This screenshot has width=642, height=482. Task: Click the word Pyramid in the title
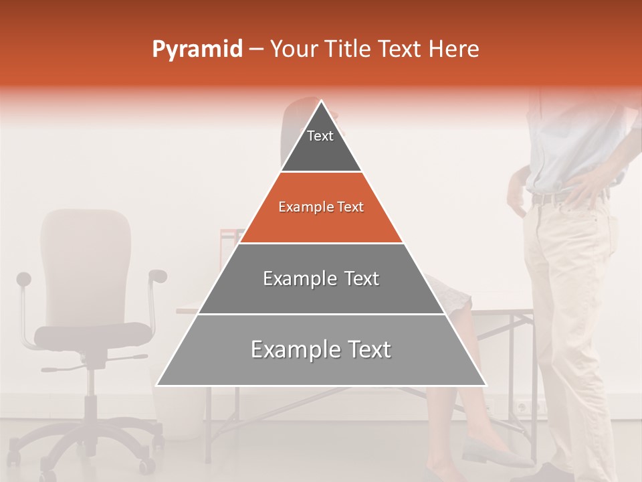coord(197,50)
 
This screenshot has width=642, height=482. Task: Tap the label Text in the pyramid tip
coord(320,136)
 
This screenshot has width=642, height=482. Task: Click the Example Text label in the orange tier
coord(321,207)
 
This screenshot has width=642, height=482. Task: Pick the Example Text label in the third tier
coord(321,278)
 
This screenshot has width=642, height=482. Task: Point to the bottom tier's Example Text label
coord(321,349)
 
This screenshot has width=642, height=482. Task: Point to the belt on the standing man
coord(548,199)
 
